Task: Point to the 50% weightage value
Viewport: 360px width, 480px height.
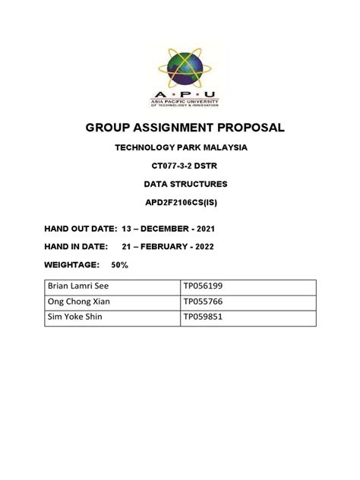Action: pyautogui.click(x=119, y=264)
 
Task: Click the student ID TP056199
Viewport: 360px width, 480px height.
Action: pyautogui.click(x=202, y=287)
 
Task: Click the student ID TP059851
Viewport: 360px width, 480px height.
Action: pyautogui.click(x=202, y=317)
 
